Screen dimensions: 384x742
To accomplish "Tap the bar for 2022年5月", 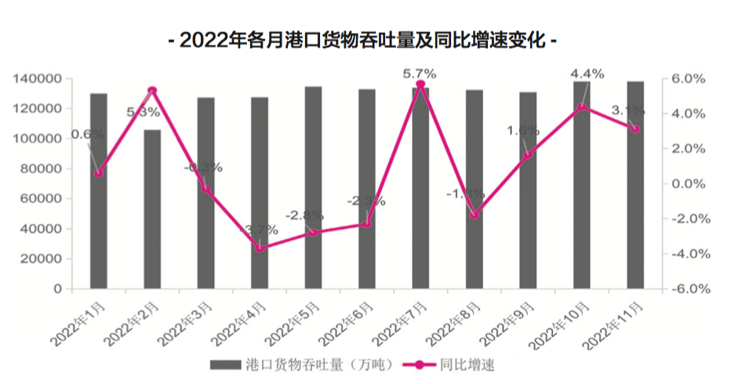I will (x=314, y=188).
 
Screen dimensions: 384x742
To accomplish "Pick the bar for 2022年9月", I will (x=528, y=190).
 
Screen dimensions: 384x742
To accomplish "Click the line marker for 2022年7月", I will (x=420, y=85).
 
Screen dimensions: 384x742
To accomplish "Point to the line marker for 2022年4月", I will (x=260, y=248).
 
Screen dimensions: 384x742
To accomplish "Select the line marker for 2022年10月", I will (x=581, y=107).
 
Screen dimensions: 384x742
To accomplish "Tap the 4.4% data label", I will (x=587, y=74).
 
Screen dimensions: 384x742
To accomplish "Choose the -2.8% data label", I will (x=304, y=216).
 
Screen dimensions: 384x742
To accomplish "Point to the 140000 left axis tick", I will (x=37, y=79).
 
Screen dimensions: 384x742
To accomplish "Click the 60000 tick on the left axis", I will (x=40, y=199).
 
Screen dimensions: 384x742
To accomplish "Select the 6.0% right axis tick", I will (x=690, y=79).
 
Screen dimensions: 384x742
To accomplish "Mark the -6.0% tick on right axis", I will (x=689, y=289).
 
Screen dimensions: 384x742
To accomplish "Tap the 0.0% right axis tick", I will (x=690, y=184).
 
